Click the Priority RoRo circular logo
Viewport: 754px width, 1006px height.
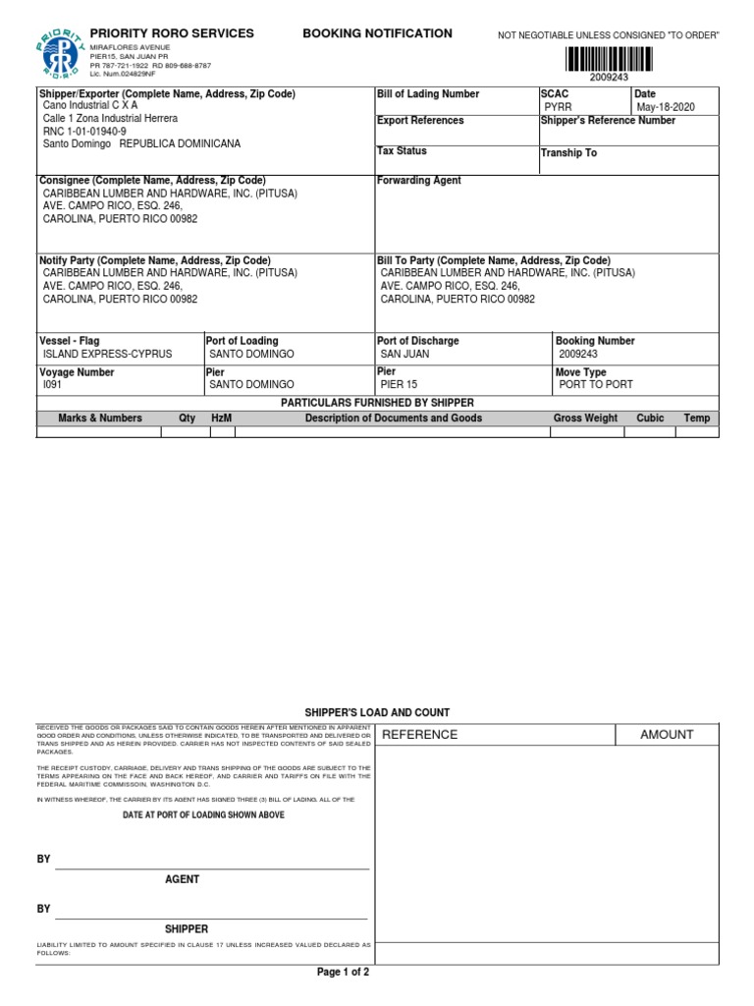[61, 52]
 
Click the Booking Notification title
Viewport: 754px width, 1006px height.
[377, 33]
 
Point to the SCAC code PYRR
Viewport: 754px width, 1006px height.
[559, 107]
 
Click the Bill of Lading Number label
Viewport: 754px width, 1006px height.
[428, 94]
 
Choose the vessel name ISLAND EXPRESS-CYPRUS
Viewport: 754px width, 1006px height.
[107, 354]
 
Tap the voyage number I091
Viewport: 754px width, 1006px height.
[52, 385]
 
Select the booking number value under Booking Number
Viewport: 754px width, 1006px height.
[577, 354]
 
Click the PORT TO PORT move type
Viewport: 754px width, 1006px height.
[596, 385]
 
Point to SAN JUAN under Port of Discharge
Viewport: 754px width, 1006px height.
[404, 354]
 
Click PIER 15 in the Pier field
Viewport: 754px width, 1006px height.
[399, 385]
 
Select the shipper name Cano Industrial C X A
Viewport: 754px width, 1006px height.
[90, 105]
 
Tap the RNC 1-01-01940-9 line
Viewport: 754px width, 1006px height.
[84, 131]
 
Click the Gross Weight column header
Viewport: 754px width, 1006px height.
[585, 419]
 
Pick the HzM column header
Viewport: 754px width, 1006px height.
[222, 419]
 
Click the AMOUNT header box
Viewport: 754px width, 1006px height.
[667, 735]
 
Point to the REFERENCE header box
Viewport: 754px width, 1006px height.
[419, 735]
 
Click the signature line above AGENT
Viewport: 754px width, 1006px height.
[211, 868]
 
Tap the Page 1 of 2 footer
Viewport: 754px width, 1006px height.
[343, 973]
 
